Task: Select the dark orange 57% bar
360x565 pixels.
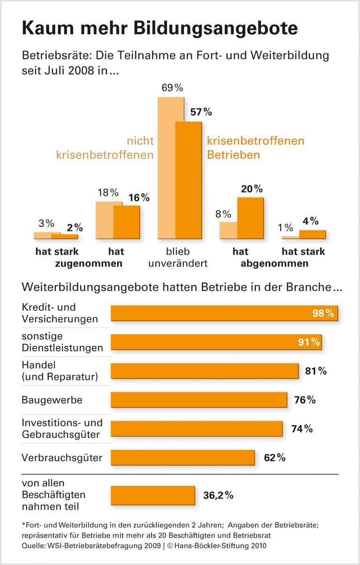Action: pos(188,180)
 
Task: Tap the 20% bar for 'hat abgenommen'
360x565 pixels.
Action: pos(250,218)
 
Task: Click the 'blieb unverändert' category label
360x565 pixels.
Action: pos(178,257)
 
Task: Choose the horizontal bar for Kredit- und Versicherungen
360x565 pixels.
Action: pos(224,313)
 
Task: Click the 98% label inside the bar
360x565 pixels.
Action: pos(323,313)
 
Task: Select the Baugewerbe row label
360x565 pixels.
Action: pos(52,400)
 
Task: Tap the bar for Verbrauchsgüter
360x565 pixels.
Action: pos(182,457)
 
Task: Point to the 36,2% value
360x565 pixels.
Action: pos(217,495)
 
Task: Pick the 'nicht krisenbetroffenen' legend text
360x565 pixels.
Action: pos(105,148)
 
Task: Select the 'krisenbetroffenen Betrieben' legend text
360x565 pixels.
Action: pos(255,148)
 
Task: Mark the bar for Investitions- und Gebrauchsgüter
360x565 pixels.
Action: pos(196,429)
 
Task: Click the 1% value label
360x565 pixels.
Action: pos(285,228)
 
